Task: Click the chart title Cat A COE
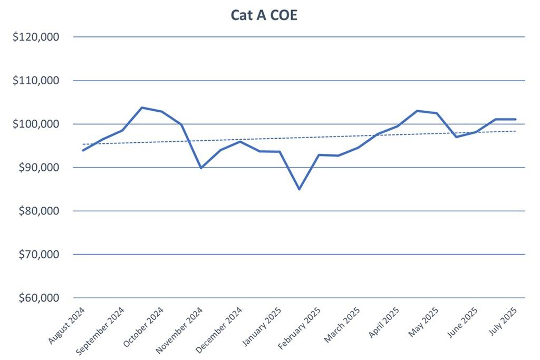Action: (x=264, y=15)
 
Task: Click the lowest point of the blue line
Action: (x=299, y=189)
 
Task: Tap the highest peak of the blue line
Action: (x=142, y=108)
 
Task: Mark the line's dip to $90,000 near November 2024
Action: (x=201, y=168)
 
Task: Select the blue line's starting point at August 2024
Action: (x=83, y=151)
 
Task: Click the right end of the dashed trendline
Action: (x=516, y=131)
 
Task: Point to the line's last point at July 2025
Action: (x=515, y=119)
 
